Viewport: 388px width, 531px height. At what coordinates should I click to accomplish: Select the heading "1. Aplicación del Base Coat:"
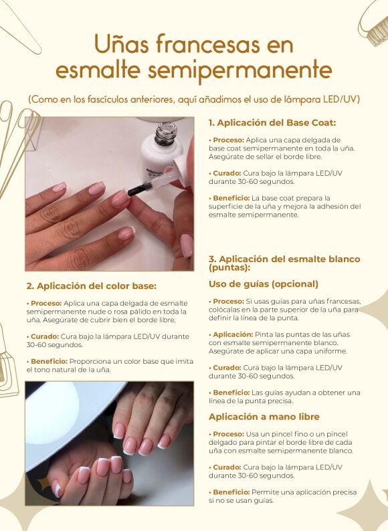tap(272, 122)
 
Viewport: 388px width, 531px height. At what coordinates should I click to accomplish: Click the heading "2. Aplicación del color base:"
tap(92, 286)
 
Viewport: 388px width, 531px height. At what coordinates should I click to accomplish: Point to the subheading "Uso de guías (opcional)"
tap(264, 284)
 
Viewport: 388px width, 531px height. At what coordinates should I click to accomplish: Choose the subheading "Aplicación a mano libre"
tap(264, 417)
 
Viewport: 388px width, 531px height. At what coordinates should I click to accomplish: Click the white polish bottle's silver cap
tap(166, 134)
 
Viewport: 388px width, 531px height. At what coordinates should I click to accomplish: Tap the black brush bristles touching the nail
tap(138, 191)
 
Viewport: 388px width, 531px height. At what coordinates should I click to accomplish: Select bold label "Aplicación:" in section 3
tap(233, 334)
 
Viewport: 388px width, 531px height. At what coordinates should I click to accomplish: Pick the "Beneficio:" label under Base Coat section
tap(231, 198)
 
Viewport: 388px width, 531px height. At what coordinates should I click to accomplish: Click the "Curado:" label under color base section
tap(45, 336)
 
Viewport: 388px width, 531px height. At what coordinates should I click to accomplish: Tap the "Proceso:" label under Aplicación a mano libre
tap(228, 434)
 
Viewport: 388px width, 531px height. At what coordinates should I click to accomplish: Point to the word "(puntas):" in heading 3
tap(229, 268)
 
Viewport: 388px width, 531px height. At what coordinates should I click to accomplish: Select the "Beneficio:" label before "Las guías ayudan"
tap(231, 393)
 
